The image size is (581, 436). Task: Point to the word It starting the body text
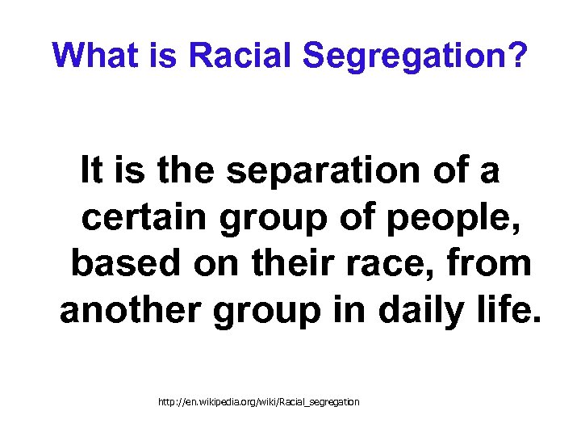coord(90,170)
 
